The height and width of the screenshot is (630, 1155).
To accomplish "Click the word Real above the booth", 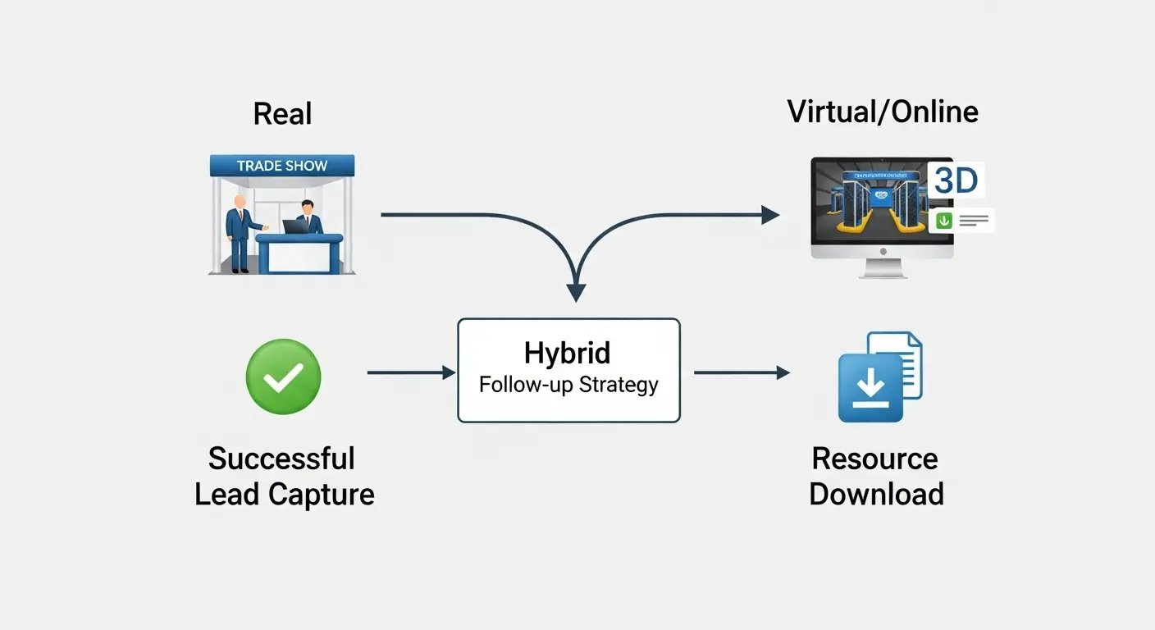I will pos(282,113).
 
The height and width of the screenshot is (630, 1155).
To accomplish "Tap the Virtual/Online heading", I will pos(883,111).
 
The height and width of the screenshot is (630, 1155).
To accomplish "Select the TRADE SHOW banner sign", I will pos(281,166).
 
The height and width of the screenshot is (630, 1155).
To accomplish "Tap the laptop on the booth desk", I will pos(294,226).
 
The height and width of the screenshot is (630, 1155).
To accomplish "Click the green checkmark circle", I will pos(283,377).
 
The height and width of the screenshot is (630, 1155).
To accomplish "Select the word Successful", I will pos(281,459).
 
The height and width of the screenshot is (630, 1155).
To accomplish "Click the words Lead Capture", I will pos(284,495).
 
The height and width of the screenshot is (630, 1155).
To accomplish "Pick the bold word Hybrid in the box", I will pos(568,354).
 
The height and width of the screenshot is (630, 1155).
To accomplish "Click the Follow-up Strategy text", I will pos(568,384).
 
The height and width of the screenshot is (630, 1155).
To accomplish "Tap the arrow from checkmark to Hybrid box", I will pos(410,372).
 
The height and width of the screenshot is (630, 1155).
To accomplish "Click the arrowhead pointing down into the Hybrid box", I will pos(577,292).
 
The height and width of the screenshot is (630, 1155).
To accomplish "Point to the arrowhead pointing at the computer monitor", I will pos(769,215).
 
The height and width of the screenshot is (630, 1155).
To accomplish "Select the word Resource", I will pos(875,459).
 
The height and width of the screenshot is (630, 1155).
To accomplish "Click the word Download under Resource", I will pos(876,495).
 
